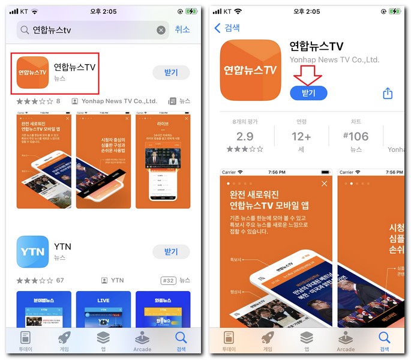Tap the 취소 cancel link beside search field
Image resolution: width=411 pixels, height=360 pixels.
point(182,29)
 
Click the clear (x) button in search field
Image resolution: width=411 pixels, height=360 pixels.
point(161,30)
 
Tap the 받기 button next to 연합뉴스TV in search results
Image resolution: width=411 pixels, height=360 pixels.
point(171,72)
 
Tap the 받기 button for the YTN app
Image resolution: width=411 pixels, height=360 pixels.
point(171,251)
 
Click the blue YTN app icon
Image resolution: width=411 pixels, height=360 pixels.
point(32,251)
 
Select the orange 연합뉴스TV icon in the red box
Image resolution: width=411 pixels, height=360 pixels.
point(32,73)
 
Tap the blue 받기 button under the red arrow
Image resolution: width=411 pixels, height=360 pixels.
point(308,93)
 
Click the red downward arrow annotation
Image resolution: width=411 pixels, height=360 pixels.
point(308,73)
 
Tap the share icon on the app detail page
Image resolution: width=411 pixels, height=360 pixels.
point(388,93)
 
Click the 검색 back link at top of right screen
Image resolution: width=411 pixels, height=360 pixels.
point(227,28)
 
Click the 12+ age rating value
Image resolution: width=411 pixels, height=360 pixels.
point(301,136)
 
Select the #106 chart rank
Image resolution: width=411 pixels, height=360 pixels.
point(356,136)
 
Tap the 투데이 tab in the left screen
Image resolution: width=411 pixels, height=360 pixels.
point(25,341)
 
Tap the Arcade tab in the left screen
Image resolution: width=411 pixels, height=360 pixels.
point(142,341)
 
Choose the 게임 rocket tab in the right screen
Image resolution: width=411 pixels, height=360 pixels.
point(268,341)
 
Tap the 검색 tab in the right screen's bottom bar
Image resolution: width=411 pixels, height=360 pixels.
point(385,341)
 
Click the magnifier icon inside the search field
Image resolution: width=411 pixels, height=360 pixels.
point(25,30)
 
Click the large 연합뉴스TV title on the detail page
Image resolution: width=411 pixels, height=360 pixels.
point(316,46)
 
